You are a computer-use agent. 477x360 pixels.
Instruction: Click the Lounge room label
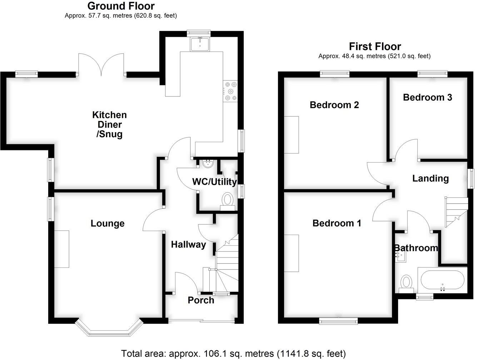[108, 224]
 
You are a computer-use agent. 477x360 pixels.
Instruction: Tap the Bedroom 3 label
[427, 97]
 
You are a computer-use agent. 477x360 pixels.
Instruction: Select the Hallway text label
[188, 245]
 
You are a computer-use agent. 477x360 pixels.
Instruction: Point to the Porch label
[201, 300]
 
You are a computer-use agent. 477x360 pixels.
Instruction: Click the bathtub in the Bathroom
[442, 280]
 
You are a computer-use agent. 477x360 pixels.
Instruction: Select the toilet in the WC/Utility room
[227, 200]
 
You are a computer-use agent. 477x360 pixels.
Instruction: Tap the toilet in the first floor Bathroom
[406, 282]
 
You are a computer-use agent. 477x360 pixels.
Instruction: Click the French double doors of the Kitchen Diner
[101, 64]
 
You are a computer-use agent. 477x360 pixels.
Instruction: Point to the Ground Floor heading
[121, 6]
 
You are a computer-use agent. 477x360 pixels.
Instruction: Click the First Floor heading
[375, 46]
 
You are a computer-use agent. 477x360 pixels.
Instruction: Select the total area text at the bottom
[233, 354]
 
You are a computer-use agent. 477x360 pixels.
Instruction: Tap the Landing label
[431, 178]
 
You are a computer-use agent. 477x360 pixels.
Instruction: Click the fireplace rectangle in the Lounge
[61, 249]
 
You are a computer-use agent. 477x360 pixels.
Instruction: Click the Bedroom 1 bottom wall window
[338, 321]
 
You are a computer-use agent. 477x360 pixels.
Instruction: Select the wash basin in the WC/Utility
[208, 164]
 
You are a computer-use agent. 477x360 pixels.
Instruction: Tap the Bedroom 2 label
[334, 105]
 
